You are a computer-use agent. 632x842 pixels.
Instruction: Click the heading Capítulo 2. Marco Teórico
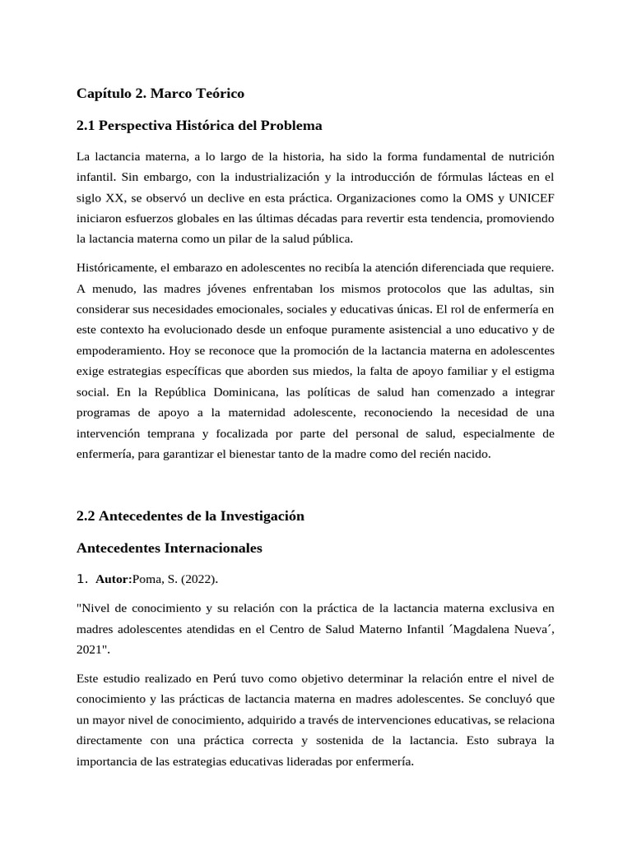pyautogui.click(x=160, y=94)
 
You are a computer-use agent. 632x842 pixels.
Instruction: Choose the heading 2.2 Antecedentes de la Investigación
pyautogui.click(x=190, y=516)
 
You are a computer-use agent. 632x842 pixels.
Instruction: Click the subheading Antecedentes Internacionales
pyautogui.click(x=170, y=548)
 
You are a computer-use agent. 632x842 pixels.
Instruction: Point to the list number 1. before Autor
pyautogui.click(x=81, y=579)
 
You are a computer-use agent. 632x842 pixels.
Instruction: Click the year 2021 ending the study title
pyautogui.click(x=90, y=650)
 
